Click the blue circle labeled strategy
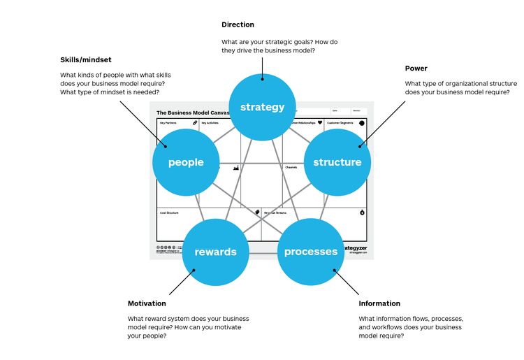click(x=263, y=107)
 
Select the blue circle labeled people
click(x=186, y=162)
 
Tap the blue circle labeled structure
click(x=337, y=162)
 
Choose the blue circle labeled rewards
click(x=215, y=252)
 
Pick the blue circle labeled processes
click(x=311, y=252)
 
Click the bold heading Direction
click(x=238, y=25)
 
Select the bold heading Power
click(x=416, y=69)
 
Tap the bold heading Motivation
click(x=147, y=303)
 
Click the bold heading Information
click(x=379, y=303)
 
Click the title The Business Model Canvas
click(x=191, y=113)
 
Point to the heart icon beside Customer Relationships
click(x=320, y=123)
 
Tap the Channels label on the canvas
click(x=291, y=168)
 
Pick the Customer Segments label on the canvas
click(x=340, y=123)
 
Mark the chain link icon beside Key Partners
click(x=195, y=123)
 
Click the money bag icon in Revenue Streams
click(x=362, y=213)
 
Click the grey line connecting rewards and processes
click(x=263, y=252)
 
